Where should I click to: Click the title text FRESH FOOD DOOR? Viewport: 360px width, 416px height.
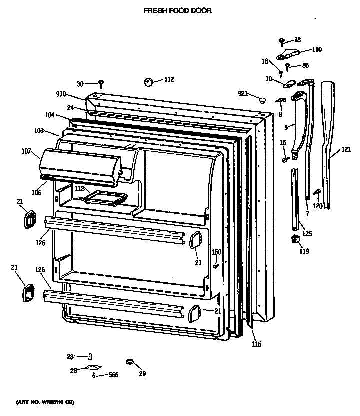click(177, 10)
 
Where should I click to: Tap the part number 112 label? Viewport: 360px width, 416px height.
click(169, 79)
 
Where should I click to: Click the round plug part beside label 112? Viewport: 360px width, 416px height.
click(148, 82)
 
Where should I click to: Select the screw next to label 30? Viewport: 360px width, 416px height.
click(101, 83)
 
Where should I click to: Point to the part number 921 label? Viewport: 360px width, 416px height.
click(243, 93)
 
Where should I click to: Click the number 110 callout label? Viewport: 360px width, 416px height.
click(317, 49)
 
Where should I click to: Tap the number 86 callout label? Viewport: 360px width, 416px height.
click(305, 65)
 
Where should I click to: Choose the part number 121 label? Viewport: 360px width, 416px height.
click(346, 149)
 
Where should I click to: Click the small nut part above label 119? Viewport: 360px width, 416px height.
click(294, 240)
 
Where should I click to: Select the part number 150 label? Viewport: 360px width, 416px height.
click(216, 252)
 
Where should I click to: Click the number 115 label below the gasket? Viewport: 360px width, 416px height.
click(256, 344)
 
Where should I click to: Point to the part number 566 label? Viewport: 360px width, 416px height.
click(113, 374)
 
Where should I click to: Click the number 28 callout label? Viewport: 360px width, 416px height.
click(70, 357)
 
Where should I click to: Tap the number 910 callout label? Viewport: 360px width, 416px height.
click(61, 94)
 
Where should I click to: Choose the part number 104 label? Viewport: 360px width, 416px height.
click(50, 114)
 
